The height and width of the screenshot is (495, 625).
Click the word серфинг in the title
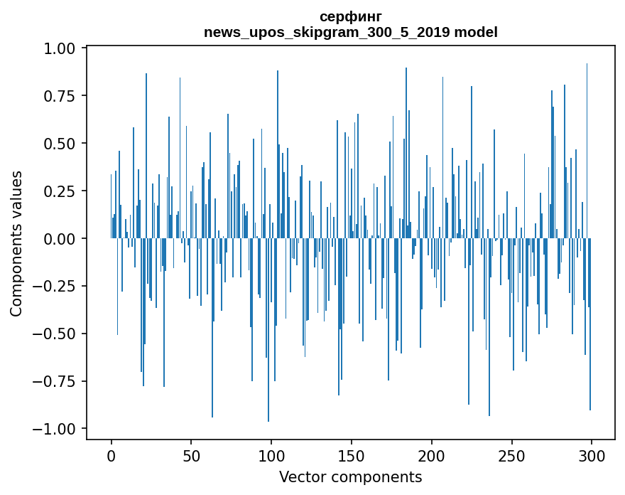pos(351,16)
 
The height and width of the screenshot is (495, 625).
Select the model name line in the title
pos(351,32)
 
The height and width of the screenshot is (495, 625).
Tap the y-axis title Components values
pos(16,243)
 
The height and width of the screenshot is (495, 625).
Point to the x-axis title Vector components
pos(351,477)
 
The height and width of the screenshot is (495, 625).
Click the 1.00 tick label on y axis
pos(61,48)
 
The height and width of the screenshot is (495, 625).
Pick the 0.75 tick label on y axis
pos(61,96)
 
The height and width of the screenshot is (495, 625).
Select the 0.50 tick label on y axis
pos(61,144)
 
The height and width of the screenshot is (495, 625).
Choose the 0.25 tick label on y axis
pos(61,191)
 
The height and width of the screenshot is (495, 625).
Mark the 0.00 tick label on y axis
pos(61,239)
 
